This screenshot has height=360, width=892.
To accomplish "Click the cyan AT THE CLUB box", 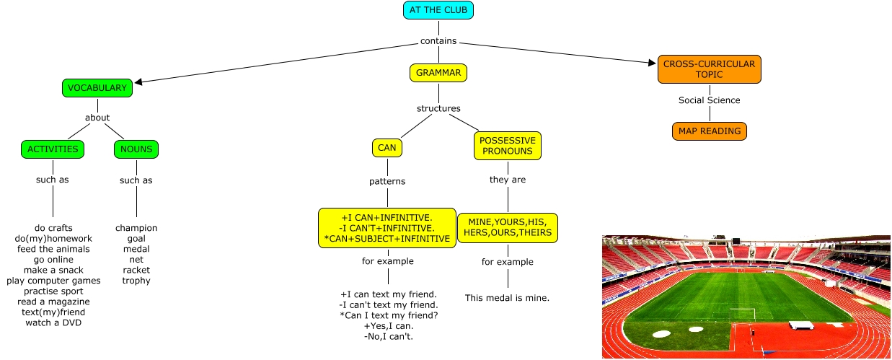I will (438, 10).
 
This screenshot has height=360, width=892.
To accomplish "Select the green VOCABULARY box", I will (97, 88).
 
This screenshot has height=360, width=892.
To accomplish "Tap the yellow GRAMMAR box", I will (438, 73).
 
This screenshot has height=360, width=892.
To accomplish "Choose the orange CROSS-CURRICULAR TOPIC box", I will (709, 69).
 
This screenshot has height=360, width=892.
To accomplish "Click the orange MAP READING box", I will (709, 131).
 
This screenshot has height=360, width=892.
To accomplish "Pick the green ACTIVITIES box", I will (53, 149).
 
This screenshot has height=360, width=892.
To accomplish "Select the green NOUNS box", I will (136, 149).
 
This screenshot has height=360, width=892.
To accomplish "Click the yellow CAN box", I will (387, 148).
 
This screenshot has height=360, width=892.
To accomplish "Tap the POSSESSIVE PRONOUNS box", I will (508, 146).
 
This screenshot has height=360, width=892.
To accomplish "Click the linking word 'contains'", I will (438, 41).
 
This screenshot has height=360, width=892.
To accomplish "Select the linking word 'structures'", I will (438, 109).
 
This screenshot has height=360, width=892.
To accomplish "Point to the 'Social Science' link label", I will (709, 100).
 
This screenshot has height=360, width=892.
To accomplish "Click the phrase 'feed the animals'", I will (53, 249).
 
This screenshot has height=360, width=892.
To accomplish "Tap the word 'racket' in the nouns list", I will (136, 270).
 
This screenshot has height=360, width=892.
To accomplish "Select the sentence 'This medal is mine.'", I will (508, 297).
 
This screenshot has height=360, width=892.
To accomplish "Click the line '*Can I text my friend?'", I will (389, 315).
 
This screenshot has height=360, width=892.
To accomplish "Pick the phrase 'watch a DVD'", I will (53, 322).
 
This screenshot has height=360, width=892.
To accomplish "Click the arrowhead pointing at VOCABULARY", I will (138, 82).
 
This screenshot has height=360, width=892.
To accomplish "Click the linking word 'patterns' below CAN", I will (387, 181).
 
